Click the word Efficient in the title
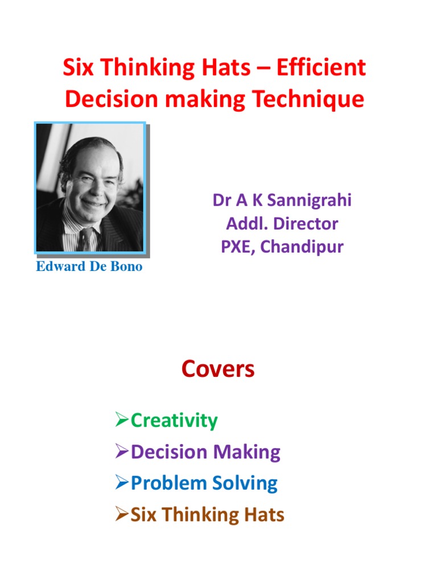click(321, 68)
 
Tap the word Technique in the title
click(309, 100)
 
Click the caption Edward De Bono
click(89, 267)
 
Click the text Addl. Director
click(282, 223)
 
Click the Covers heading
click(218, 369)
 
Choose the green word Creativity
click(174, 421)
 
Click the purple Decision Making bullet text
click(205, 452)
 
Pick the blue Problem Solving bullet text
click(204, 483)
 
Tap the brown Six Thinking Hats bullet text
click(207, 515)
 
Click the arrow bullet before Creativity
click(122, 421)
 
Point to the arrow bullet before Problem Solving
click(122, 483)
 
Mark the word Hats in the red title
click(230, 68)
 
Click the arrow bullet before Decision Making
click(122, 452)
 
